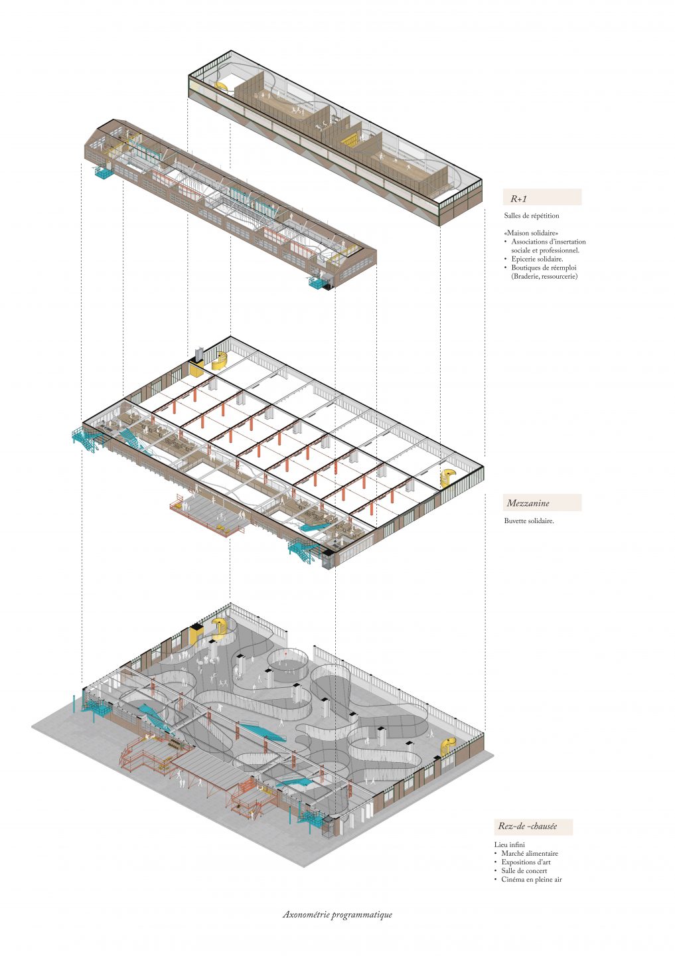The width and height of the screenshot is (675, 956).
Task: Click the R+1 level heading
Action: click(x=519, y=199)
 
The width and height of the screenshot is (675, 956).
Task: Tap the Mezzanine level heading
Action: click(x=528, y=503)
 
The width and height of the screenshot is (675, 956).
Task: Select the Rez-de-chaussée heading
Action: click(x=528, y=827)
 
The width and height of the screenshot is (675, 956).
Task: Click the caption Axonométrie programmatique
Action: click(x=337, y=915)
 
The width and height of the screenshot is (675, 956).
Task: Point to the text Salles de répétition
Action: click(x=531, y=216)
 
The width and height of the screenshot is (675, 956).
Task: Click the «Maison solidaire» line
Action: click(x=531, y=233)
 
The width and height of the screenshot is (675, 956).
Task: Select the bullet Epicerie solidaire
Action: click(x=536, y=259)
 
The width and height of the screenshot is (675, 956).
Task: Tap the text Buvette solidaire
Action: click(x=528, y=521)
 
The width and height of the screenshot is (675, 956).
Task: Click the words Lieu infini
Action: click(x=510, y=844)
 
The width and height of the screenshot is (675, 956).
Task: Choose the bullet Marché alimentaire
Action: click(x=529, y=854)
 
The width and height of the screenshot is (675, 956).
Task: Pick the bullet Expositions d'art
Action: click(x=526, y=862)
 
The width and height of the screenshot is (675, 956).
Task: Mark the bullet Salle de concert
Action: click(x=524, y=871)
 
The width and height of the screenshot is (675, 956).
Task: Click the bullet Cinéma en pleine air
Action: click(x=531, y=880)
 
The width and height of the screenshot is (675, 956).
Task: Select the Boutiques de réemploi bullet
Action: click(x=544, y=268)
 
